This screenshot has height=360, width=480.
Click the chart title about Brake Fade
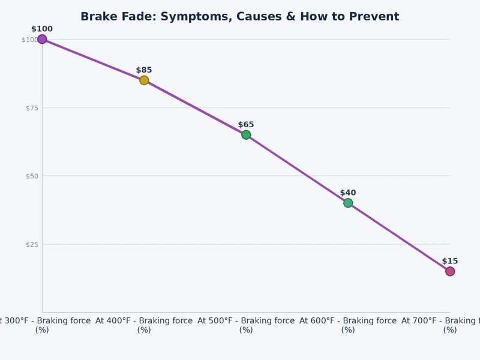point(239,17)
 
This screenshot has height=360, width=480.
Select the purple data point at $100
point(42,39)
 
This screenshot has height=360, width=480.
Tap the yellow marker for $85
point(144,80)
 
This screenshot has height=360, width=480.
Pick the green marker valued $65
point(246,134)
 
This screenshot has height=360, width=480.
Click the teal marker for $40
point(348,203)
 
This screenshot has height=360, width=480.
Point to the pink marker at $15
point(450,271)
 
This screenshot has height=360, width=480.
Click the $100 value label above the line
point(42,29)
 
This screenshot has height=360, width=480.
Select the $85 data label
point(144,70)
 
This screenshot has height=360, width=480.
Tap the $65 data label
point(246,125)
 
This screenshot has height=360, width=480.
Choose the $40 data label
point(348,193)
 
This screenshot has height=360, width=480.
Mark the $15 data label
point(450,261)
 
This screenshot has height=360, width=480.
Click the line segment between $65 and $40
point(297,169)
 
